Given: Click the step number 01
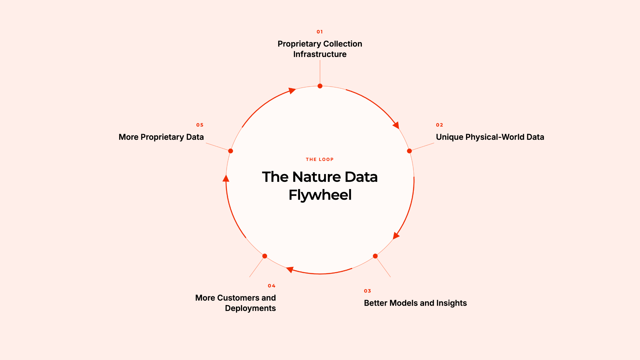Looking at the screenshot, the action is tap(320, 32).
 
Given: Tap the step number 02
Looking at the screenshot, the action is tap(439, 125).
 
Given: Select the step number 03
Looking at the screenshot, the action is tap(367, 291).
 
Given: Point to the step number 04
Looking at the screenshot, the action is tap(272, 286).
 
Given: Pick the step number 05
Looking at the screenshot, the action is tap(200, 125).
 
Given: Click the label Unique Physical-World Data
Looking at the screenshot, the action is tap(490, 137).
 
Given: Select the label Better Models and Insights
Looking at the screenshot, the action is tap(415, 303).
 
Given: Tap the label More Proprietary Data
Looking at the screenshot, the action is tap(161, 137).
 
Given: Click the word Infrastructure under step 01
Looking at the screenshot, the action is tap(320, 54).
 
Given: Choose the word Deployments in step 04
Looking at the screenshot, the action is tap(250, 308).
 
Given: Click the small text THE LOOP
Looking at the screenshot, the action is tap(320, 159).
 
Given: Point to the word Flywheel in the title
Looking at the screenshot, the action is tap(320, 195).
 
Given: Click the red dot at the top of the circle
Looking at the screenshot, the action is tap(320, 86).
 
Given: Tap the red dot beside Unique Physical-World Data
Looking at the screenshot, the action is tap(409, 151).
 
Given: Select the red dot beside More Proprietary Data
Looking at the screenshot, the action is tap(231, 151).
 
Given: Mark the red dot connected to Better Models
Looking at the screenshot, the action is tap(375, 256).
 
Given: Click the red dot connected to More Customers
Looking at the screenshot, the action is tap(265, 256).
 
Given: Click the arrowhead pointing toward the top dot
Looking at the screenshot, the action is tap(292, 91).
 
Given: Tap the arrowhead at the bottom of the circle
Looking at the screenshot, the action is tap(290, 269).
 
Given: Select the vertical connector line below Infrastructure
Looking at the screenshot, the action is tap(320, 72).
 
